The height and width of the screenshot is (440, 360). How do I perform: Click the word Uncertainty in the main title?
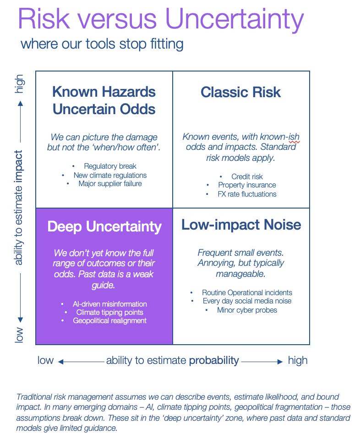click(235, 19)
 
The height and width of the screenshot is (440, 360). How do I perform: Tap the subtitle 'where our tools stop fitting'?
click(102, 44)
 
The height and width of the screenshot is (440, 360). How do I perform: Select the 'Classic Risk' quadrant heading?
click(240, 92)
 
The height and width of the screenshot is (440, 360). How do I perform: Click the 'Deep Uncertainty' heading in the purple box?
click(104, 226)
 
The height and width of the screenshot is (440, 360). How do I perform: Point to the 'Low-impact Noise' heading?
click(241, 225)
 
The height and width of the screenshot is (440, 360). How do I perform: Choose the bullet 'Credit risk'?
click(247, 176)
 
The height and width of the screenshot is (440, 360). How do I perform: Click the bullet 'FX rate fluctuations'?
click(247, 194)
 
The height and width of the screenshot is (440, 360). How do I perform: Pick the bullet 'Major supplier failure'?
click(110, 183)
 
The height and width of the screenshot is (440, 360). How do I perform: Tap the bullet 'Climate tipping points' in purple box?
click(110, 312)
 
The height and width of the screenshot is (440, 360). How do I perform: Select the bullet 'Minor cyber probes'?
click(247, 310)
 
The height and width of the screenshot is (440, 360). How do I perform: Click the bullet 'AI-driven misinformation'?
click(110, 304)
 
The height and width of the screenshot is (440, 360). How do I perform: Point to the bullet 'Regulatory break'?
click(110, 166)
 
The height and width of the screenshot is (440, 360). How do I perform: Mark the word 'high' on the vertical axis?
click(19, 84)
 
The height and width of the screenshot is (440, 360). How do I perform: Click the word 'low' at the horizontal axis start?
click(45, 360)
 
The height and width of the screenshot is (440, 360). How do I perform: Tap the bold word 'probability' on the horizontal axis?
click(214, 360)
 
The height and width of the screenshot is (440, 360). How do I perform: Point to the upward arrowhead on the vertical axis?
click(20, 103)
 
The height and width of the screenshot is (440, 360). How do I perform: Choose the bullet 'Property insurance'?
click(247, 185)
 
